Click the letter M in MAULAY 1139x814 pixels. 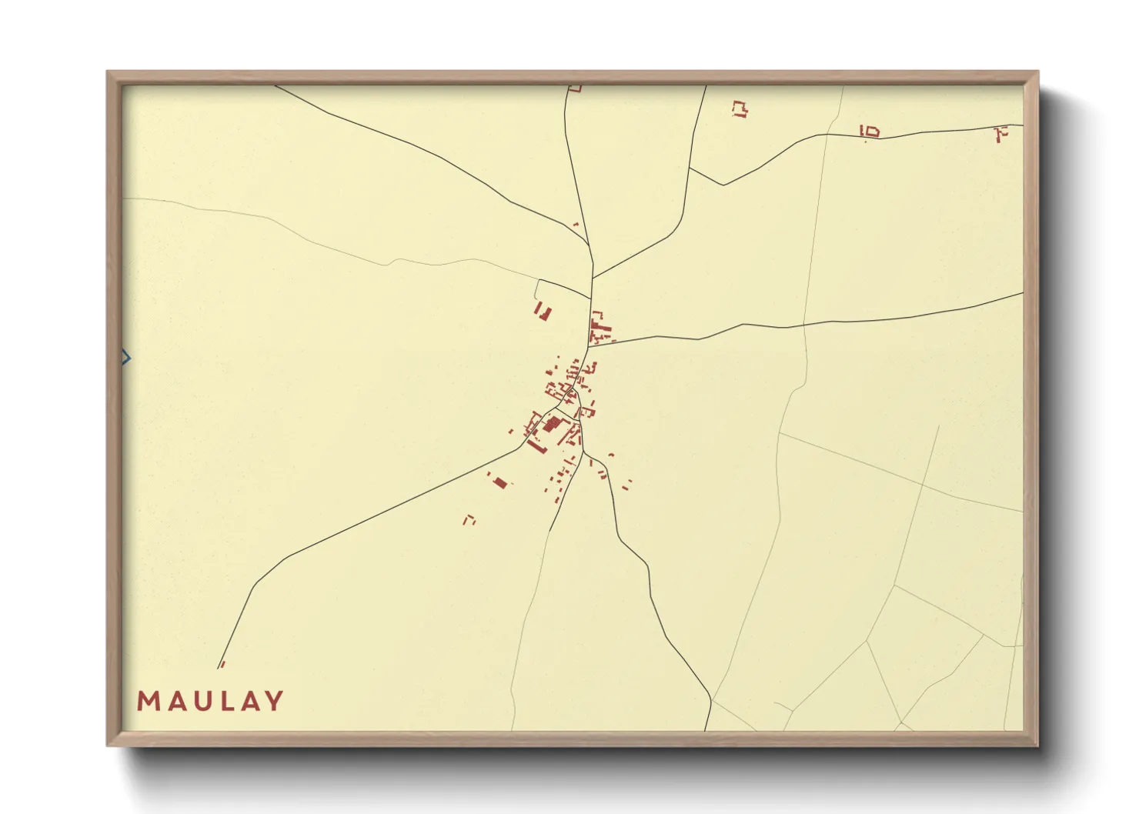pyautogui.click(x=148, y=701)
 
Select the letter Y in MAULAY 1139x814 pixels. pyautogui.click(x=274, y=701)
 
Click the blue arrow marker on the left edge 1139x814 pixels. pyautogui.click(x=126, y=358)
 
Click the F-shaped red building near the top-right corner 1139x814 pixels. pyautogui.click(x=1000, y=134)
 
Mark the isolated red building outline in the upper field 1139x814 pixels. pyautogui.click(x=740, y=108)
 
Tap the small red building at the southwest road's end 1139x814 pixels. pyautogui.click(x=222, y=664)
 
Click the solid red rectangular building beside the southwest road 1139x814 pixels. pyautogui.click(x=500, y=482)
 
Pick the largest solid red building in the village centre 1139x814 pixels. pyautogui.click(x=552, y=423)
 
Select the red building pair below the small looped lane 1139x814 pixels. pyautogui.click(x=543, y=312)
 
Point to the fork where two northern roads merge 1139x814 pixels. pyautogui.click(x=593, y=278)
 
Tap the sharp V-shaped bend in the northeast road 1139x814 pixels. pyautogui.click(x=723, y=185)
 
